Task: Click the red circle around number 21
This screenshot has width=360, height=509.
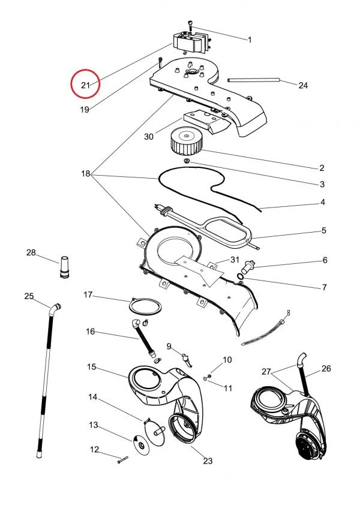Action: [85, 85]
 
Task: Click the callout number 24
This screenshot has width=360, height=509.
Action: [303, 86]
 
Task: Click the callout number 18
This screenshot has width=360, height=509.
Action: [85, 174]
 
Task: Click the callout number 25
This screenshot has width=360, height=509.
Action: [29, 296]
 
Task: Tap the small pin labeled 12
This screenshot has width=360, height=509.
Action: [122, 459]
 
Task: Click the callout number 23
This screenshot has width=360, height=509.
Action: [208, 461]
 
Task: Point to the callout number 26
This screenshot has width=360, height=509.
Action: [326, 369]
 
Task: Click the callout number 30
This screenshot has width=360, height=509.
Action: [149, 137]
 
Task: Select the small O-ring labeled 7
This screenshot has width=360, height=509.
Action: [241, 276]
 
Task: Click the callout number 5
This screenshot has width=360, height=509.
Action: [323, 230]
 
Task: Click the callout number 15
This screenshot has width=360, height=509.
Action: [92, 366]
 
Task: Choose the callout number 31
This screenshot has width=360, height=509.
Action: [235, 259]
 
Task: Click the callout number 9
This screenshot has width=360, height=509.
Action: [169, 346]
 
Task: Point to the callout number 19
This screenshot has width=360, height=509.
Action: [85, 110]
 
